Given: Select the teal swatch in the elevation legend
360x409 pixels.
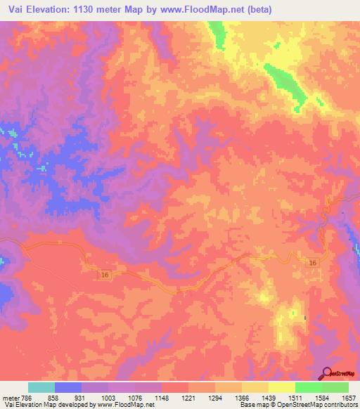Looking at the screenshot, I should click(x=41, y=387).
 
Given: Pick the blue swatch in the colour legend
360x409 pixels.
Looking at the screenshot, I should click(x=68, y=387).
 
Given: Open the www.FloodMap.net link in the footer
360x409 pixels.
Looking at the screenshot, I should click(x=130, y=405).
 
